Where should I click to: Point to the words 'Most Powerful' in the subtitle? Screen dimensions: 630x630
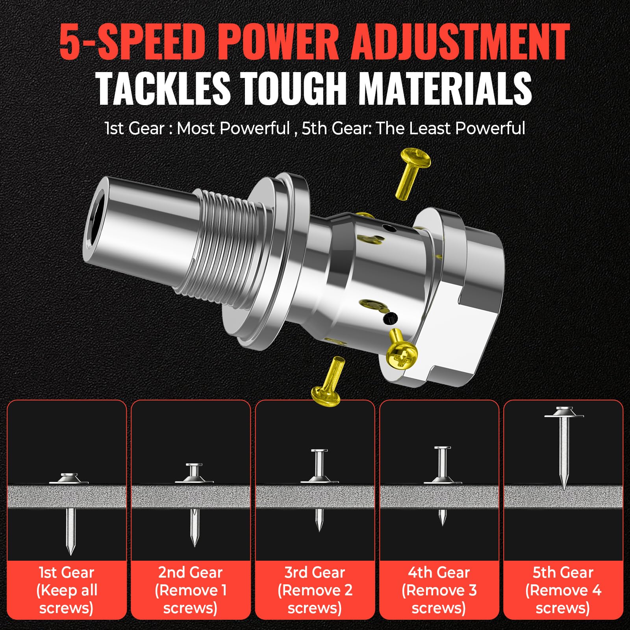(x=233, y=128)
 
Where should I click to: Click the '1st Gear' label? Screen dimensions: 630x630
(x=67, y=573)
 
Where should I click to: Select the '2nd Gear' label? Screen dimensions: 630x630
(x=191, y=573)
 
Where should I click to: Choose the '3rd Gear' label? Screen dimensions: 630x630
(x=315, y=573)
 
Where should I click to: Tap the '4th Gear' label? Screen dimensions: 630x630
(x=439, y=573)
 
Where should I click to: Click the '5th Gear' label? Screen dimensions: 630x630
(x=563, y=573)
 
